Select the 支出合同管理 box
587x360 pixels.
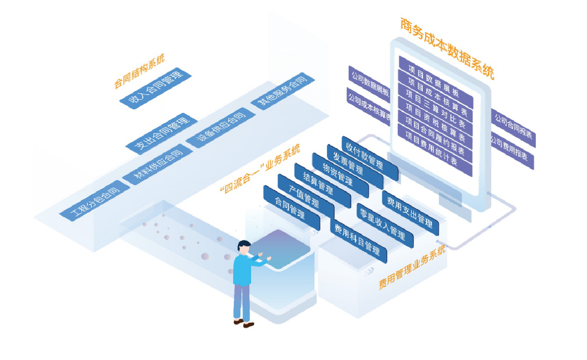click(162, 133)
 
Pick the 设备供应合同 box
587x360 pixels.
click(221, 127)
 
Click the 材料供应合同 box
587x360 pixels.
click(158, 164)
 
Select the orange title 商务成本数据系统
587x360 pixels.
click(447, 48)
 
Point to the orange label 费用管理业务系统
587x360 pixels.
click(412, 268)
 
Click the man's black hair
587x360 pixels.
click(244, 245)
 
